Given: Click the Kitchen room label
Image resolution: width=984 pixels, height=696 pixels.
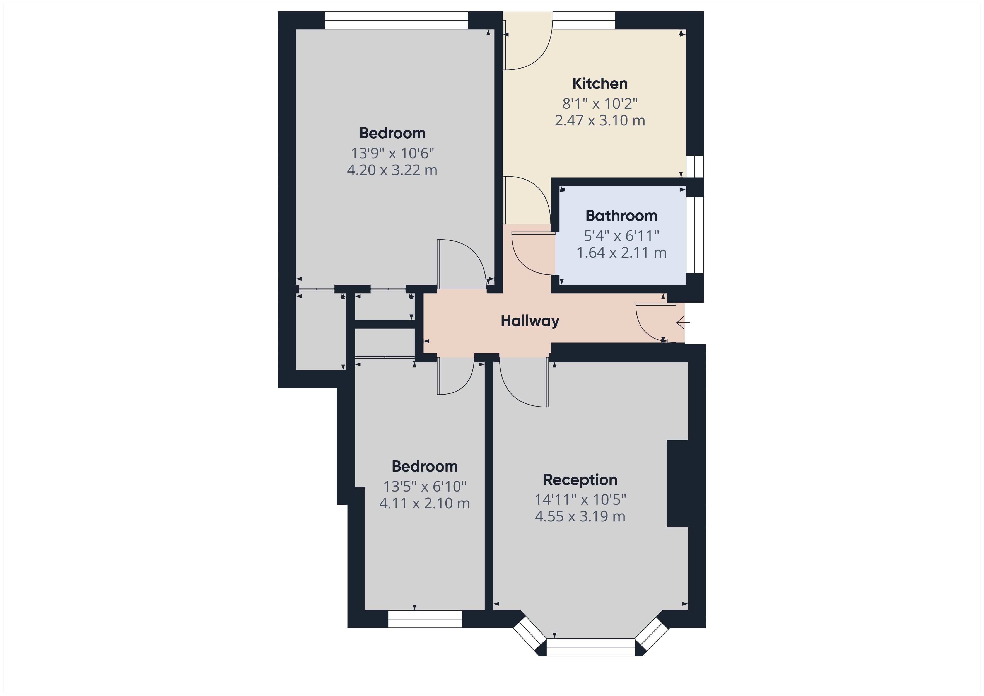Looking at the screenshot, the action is pyautogui.click(x=600, y=83).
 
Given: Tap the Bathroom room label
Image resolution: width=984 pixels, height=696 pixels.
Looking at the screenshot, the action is pyautogui.click(x=621, y=216).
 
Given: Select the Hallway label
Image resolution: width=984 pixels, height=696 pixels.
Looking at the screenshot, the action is pyautogui.click(x=530, y=321).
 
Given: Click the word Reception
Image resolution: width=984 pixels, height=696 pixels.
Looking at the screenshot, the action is pyautogui.click(x=580, y=480).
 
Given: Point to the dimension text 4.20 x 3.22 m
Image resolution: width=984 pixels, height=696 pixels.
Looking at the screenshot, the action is pyautogui.click(x=392, y=170).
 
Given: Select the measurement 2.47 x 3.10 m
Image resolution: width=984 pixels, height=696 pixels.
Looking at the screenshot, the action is pyautogui.click(x=600, y=120).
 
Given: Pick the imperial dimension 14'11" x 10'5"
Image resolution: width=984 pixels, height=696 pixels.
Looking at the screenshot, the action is pyautogui.click(x=580, y=499).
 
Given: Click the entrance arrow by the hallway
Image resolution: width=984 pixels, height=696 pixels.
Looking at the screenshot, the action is pyautogui.click(x=683, y=322).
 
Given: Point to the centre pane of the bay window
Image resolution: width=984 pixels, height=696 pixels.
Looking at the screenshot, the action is pyautogui.click(x=590, y=647).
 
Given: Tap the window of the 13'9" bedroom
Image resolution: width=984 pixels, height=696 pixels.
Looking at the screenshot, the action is pyautogui.click(x=396, y=20).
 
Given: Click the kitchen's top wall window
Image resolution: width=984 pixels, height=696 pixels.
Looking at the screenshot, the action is pyautogui.click(x=584, y=20).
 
